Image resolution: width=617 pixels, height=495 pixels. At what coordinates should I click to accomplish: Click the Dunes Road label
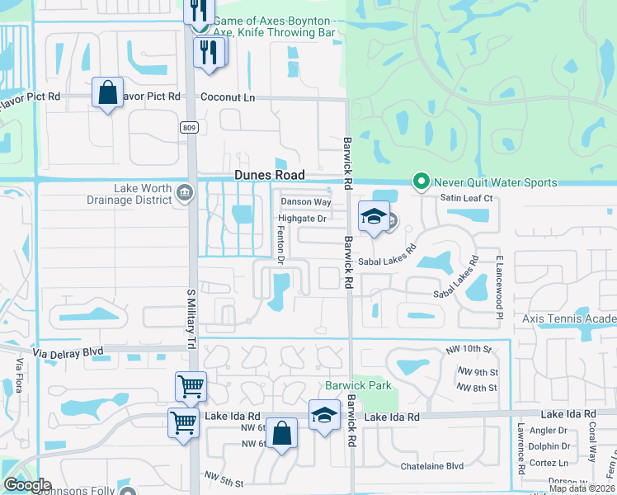270,175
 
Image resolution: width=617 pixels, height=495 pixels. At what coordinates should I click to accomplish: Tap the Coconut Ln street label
228,97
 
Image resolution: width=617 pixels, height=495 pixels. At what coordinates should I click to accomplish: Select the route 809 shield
190,126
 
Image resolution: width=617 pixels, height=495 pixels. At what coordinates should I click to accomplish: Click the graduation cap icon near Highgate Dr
374,216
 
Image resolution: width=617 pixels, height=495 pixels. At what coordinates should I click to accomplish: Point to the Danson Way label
306,202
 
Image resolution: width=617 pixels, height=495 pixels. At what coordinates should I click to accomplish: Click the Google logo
27,485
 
